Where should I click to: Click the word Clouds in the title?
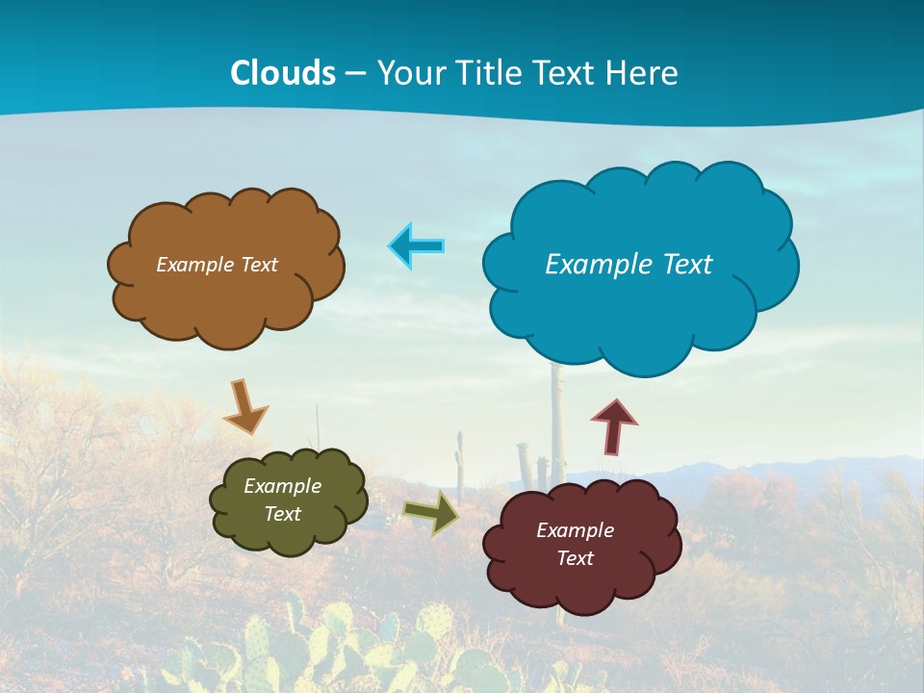(283, 73)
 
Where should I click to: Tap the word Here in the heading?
(644, 73)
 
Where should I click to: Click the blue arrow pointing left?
(416, 245)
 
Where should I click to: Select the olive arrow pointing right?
(430, 512)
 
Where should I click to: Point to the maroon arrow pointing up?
(613, 426)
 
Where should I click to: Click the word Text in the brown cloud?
(258, 265)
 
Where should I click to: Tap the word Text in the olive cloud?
(283, 514)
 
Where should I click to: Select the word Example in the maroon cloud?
(575, 530)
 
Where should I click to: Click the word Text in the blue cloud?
(687, 265)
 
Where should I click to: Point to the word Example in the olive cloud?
(283, 486)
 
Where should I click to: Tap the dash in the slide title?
(355, 74)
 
